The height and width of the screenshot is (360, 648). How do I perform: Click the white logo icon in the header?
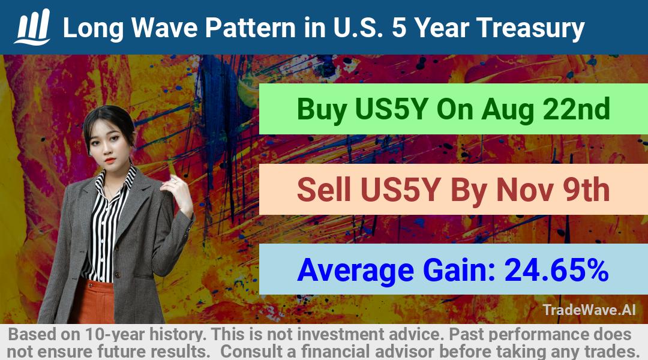pos(32,27)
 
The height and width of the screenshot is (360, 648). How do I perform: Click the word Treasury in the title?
pos(530,29)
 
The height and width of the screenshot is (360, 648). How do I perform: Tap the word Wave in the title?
pos(164,28)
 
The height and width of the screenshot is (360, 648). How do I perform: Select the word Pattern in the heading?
pos(250,28)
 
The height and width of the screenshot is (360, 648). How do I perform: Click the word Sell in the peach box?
pos(323,190)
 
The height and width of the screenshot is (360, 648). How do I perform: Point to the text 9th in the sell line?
pos(586,190)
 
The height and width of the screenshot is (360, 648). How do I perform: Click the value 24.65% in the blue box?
pos(556,269)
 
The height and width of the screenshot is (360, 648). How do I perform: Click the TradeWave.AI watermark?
pos(589,310)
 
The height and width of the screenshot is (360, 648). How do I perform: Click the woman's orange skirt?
pos(94,302)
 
